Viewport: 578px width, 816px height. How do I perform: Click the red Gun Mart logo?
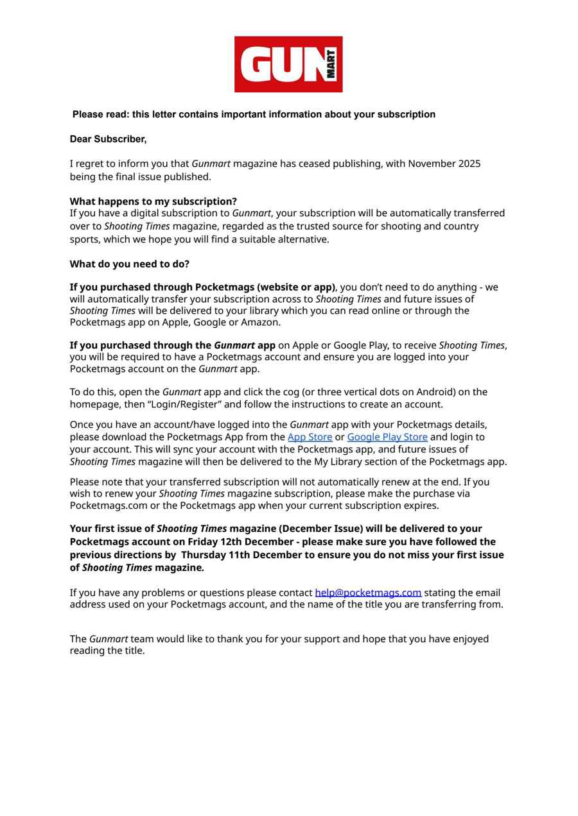click(288, 64)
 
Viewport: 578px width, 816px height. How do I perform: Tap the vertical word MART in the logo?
click(331, 64)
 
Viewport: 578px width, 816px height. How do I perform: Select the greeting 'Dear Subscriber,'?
click(108, 139)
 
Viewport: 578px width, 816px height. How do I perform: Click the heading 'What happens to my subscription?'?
click(153, 201)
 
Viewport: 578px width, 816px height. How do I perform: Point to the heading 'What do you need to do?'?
click(130, 264)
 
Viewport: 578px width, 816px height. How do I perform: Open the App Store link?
click(310, 437)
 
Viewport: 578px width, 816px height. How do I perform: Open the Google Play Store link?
click(387, 437)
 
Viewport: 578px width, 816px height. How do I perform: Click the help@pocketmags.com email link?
click(368, 593)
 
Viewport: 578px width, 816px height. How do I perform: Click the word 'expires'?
click(421, 506)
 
